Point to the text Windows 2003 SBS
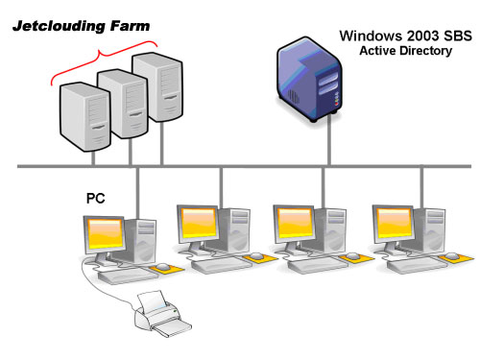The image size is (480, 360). (395, 36)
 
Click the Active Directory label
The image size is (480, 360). (404, 51)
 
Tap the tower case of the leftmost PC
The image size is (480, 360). (144, 239)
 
